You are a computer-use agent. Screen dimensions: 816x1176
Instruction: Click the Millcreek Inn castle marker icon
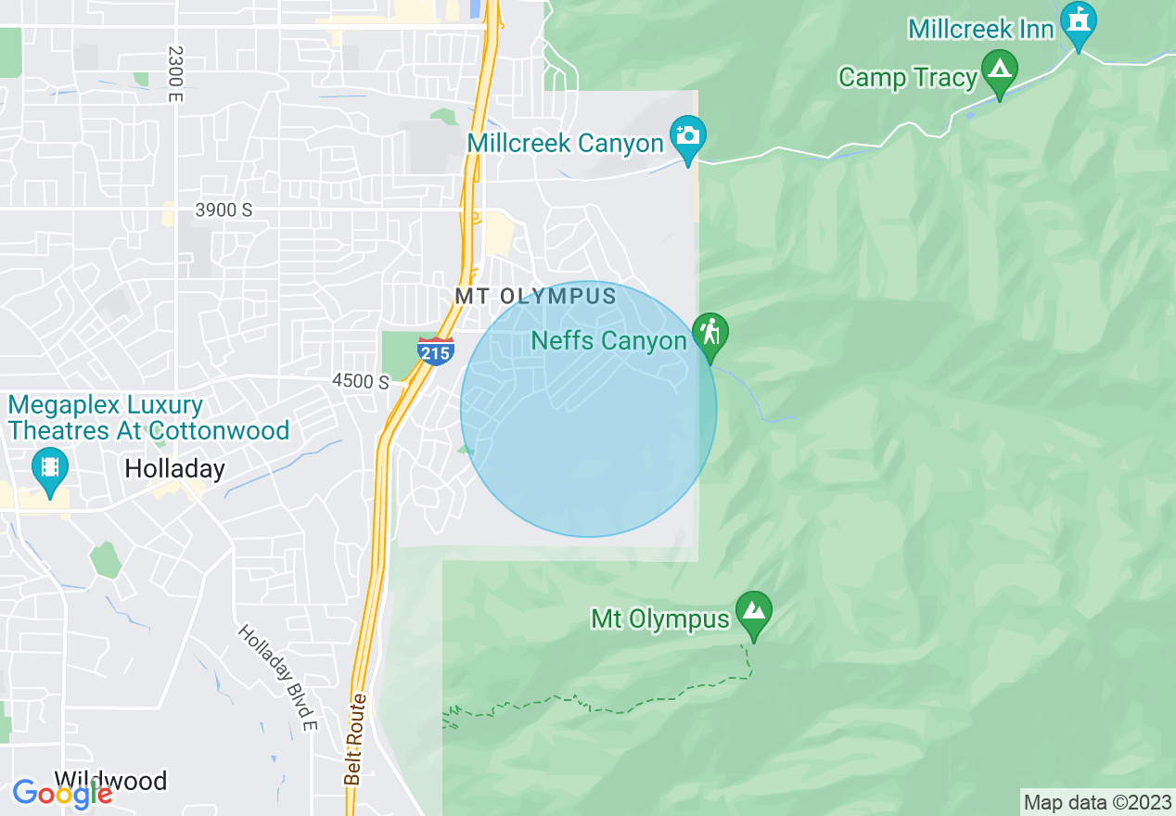pos(1078,22)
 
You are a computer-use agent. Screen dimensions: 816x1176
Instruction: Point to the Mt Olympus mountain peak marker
pos(753,611)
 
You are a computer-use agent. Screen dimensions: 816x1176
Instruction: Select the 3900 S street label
pos(224,210)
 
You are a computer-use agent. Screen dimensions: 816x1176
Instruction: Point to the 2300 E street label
pos(174,74)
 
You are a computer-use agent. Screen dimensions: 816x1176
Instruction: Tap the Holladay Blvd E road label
pos(278,677)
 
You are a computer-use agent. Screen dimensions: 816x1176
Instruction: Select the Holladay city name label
pos(174,469)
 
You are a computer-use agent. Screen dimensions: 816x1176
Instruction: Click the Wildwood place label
pos(110,781)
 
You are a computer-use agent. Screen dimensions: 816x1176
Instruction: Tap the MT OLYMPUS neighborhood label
pos(535,297)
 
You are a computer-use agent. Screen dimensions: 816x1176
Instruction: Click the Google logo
pos(62,794)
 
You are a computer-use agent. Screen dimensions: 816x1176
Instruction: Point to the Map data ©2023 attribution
pos(1096,803)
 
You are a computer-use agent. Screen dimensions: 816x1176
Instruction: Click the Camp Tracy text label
pos(908,77)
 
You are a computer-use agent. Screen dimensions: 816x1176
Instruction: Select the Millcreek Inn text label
pos(981,30)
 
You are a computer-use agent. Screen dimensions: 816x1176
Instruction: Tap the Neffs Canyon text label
pos(608,341)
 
